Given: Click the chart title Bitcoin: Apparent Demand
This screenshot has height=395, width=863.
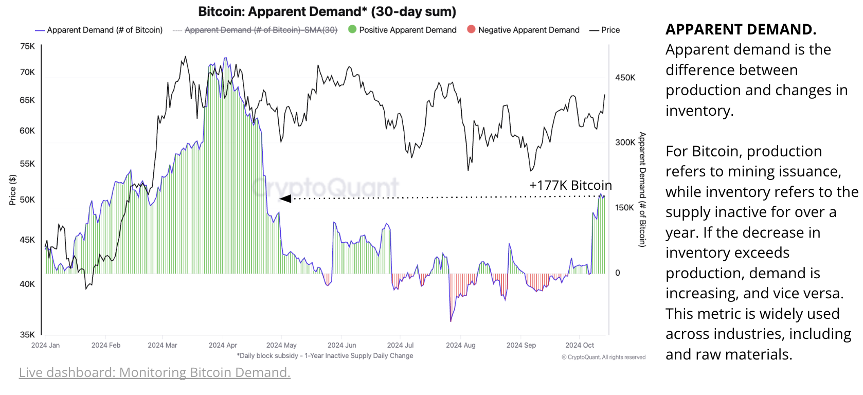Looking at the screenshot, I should click(327, 11).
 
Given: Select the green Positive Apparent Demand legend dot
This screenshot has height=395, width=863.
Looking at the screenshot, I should click(352, 29).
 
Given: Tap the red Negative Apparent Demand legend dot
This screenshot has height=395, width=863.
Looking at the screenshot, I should click(471, 29).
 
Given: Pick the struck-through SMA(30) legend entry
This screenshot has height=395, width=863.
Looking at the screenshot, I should click(260, 30).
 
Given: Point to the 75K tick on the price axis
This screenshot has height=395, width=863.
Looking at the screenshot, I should click(27, 46).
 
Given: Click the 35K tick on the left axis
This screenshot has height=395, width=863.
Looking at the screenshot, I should click(27, 334).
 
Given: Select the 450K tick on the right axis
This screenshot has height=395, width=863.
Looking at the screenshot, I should click(625, 78).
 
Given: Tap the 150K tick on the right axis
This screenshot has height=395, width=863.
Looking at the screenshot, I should click(625, 208).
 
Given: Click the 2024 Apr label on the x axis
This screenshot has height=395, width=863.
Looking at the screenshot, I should click(223, 345).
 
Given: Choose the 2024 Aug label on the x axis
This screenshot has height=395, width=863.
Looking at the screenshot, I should click(460, 345).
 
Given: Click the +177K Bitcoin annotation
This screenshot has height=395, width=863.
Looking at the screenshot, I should click(570, 185).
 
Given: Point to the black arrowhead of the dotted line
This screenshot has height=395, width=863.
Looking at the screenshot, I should click(284, 199).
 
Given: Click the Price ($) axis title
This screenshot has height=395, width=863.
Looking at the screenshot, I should click(12, 190).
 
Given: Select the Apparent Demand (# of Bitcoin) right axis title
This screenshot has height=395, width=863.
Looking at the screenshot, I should click(642, 189).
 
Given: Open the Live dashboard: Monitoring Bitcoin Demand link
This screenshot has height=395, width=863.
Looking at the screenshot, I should click(154, 372).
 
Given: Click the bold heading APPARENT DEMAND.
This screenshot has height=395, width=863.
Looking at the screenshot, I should click(741, 29).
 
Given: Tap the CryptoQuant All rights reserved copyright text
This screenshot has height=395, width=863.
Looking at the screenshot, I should click(603, 357).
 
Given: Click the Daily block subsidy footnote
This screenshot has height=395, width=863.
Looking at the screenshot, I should click(325, 355).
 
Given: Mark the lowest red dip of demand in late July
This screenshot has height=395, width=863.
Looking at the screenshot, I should click(451, 320).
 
